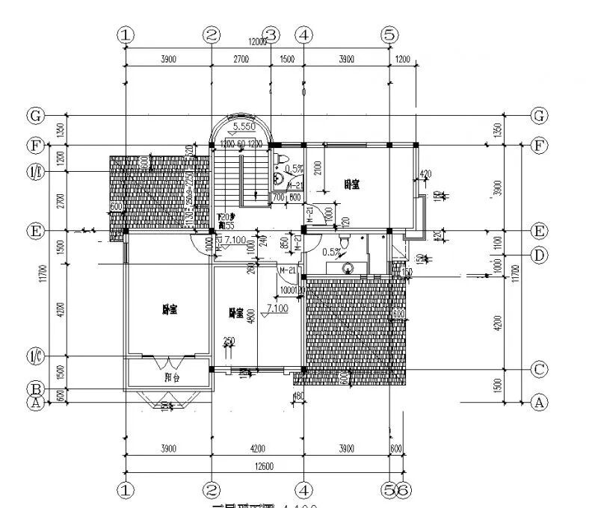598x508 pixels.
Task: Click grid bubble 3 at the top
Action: [271, 34]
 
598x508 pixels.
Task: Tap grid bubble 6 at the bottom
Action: [402, 490]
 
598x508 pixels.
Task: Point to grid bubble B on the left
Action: [34, 388]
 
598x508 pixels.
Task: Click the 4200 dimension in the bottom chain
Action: [257, 449]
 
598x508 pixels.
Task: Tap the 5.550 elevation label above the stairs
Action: [244, 128]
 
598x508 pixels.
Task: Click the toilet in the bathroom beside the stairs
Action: [281, 159]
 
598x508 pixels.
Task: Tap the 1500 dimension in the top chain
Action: [287, 60]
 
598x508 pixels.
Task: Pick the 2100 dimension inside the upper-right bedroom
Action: [318, 169]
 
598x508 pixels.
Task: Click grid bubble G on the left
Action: [34, 116]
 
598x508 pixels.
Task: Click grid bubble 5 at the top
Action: [388, 34]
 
